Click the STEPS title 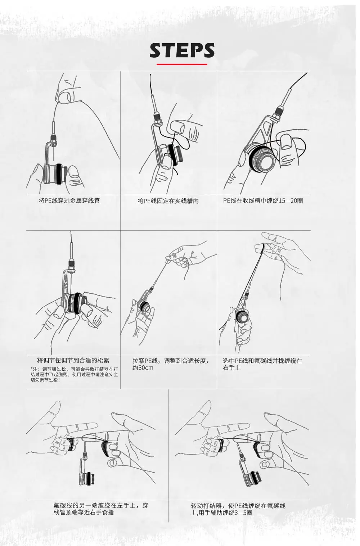182,50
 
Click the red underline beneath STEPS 182,64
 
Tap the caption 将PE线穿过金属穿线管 69,200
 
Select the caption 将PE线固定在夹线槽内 168,201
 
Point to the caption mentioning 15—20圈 263,200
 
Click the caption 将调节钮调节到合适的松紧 73,360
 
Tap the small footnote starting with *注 74,374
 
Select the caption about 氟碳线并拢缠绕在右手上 262,364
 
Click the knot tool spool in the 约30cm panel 143,307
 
